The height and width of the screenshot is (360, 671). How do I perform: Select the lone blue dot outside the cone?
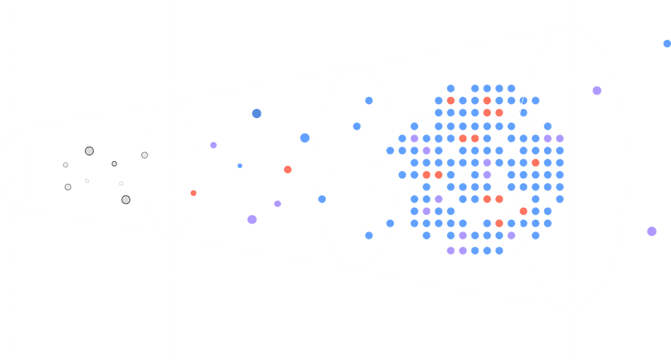coord(666,44)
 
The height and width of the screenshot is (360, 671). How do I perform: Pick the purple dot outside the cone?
coord(651,231)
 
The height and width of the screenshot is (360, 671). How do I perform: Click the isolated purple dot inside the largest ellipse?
coord(596,90)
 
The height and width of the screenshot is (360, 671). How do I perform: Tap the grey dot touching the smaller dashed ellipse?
coord(144,155)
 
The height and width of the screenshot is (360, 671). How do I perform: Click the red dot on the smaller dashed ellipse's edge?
coord(193,193)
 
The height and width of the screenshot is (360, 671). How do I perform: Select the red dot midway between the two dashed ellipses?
coord(288,169)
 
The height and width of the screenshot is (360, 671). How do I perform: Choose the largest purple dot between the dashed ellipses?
coord(252,219)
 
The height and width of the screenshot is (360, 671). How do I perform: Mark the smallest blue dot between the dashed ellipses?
coord(240,165)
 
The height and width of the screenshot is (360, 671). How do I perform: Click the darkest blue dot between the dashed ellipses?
coord(256,113)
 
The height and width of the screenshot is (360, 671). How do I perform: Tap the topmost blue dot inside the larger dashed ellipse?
coord(369,100)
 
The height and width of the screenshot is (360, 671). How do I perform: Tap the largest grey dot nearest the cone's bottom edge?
coord(125,199)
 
